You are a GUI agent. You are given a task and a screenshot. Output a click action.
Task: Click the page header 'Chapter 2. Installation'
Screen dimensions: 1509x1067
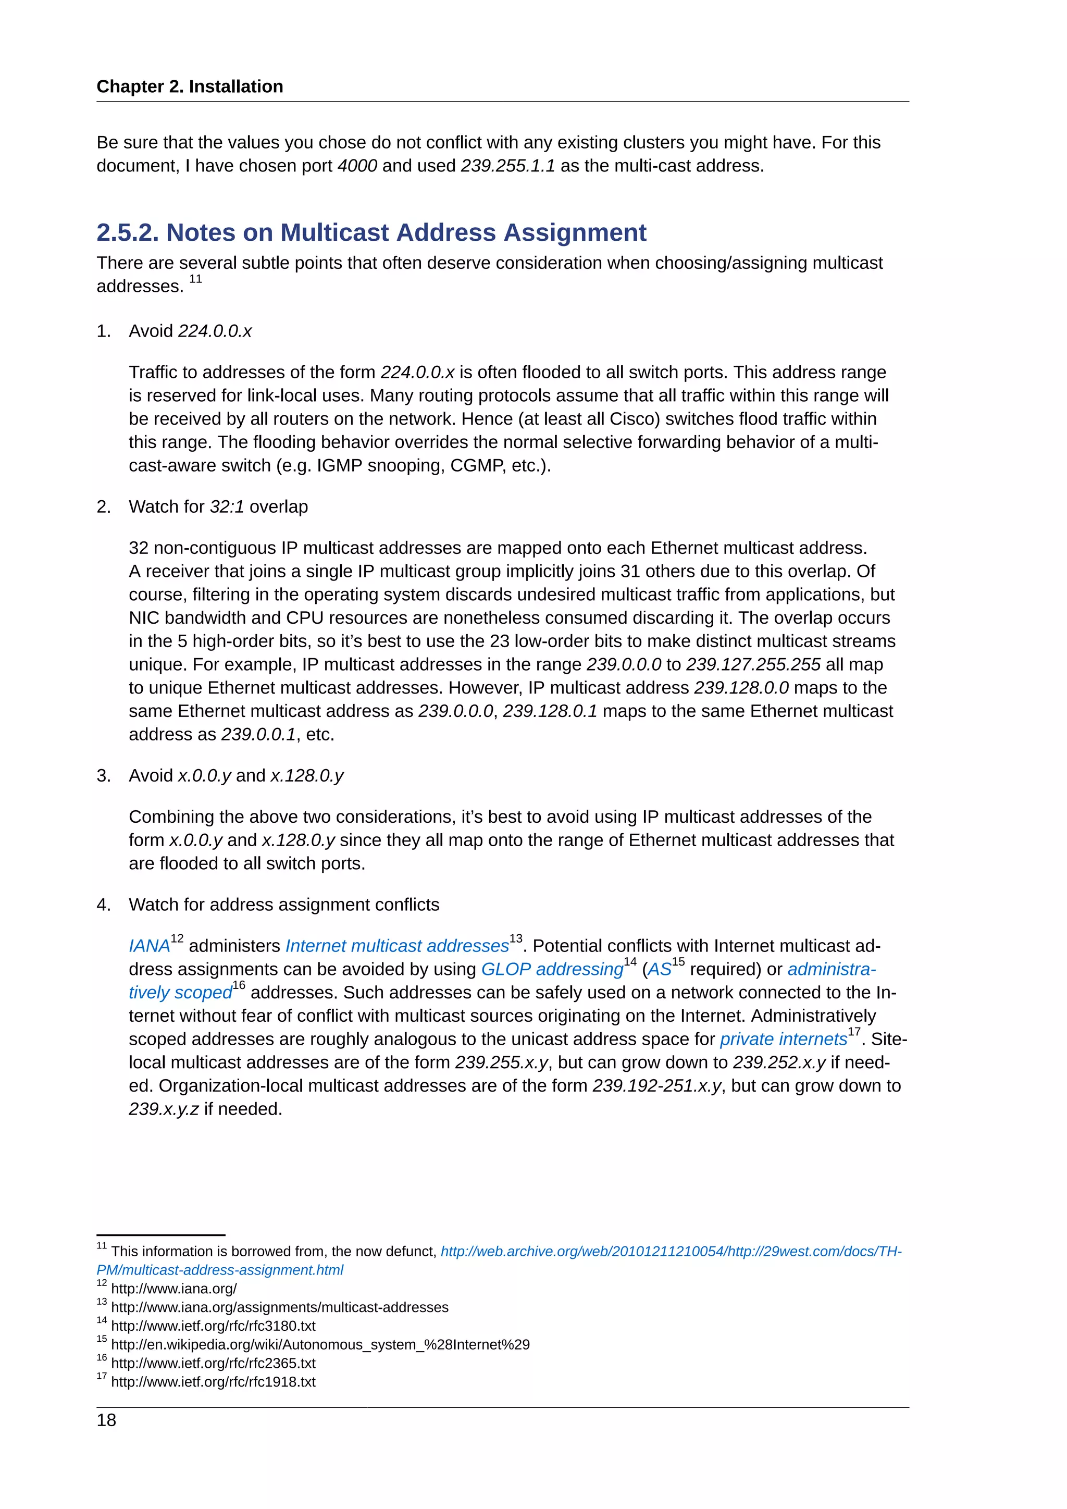click(189, 86)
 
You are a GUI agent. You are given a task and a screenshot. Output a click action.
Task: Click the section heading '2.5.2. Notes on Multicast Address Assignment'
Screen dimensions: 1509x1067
click(371, 233)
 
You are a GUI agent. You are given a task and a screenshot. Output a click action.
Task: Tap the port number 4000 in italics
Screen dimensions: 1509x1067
click(357, 166)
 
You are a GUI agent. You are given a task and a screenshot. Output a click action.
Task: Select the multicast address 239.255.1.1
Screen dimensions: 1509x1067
click(507, 166)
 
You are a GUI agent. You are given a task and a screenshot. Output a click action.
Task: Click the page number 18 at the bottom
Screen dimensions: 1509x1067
click(106, 1420)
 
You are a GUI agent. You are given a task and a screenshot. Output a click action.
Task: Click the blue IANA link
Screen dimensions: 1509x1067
click(149, 946)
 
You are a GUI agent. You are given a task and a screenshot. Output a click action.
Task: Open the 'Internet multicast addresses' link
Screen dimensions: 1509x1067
click(397, 946)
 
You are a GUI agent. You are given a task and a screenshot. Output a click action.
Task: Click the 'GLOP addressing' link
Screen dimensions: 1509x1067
click(552, 969)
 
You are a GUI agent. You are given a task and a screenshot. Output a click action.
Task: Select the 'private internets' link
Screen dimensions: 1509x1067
click(783, 1039)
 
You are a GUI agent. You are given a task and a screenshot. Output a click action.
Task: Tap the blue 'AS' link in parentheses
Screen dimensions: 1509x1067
click(659, 969)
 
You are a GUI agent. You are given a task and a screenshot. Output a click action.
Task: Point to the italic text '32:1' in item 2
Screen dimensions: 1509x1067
click(227, 506)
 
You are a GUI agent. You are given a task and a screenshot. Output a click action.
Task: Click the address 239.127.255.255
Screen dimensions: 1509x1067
click(753, 664)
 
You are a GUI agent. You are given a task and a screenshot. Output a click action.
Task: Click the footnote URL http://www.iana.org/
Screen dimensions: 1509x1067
click(173, 1289)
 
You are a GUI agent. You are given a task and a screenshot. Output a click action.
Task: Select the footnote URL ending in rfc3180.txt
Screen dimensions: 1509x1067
click(213, 1326)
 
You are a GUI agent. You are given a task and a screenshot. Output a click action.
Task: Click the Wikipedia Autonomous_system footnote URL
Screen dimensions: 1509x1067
click(320, 1345)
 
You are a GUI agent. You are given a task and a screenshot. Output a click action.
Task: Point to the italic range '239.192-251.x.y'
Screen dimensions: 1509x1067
click(656, 1086)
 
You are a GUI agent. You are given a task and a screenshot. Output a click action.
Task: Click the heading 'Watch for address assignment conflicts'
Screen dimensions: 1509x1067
click(284, 905)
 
